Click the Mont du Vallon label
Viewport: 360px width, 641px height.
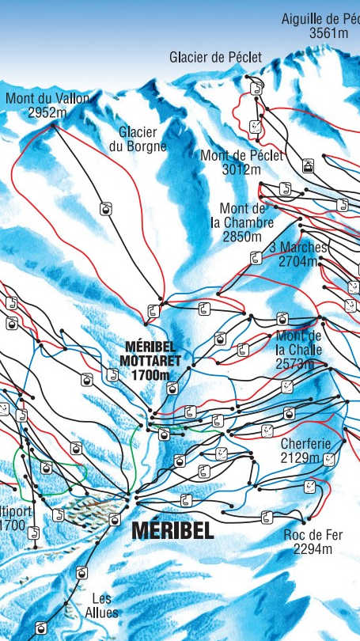tap(47, 99)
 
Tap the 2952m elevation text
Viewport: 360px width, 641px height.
tap(47, 112)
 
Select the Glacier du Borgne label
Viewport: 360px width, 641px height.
tap(138, 139)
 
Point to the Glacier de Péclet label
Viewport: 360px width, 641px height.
tap(215, 57)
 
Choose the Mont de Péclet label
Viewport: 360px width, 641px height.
tap(241, 156)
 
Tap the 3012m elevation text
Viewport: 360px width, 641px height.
tap(241, 169)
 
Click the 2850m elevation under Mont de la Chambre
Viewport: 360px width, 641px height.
tap(242, 236)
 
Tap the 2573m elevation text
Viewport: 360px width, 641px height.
tap(294, 364)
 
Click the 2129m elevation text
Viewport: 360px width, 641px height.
tap(301, 458)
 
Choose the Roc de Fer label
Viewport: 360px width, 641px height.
tap(313, 536)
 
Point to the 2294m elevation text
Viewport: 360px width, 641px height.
tap(313, 548)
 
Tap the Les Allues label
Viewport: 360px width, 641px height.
tap(101, 605)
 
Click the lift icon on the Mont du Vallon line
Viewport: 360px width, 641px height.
tap(104, 208)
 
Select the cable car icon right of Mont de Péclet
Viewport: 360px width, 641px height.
tap(308, 166)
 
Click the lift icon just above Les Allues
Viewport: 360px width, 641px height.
tap(81, 573)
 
